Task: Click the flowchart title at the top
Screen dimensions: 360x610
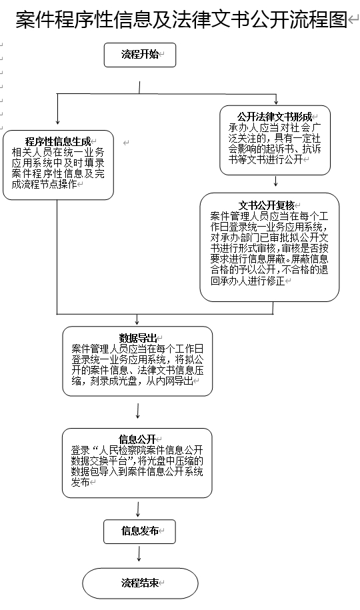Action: [181, 19]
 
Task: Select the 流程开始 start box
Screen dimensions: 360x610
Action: [140, 55]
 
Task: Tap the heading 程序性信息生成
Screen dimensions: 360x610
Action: [58, 141]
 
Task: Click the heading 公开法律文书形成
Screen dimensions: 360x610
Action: [275, 117]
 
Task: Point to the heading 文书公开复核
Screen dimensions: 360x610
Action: [266, 205]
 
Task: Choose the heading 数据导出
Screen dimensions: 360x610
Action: [138, 338]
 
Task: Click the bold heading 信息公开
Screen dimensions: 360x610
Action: [137, 439]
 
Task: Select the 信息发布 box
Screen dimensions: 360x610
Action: [139, 531]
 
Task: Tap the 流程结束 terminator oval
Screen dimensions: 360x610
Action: [140, 583]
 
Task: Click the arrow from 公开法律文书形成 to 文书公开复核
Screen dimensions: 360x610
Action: [275, 181]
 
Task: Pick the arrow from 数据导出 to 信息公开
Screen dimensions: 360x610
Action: [138, 411]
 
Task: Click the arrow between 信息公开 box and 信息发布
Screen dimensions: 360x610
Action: [138, 509]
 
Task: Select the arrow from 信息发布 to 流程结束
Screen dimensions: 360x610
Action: [139, 553]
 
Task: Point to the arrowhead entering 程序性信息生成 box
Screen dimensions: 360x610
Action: [57, 121]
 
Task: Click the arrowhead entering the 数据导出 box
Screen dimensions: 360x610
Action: [137, 322]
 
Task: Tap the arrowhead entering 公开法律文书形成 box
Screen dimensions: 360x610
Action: [276, 102]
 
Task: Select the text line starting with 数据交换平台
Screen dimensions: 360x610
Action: [137, 461]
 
